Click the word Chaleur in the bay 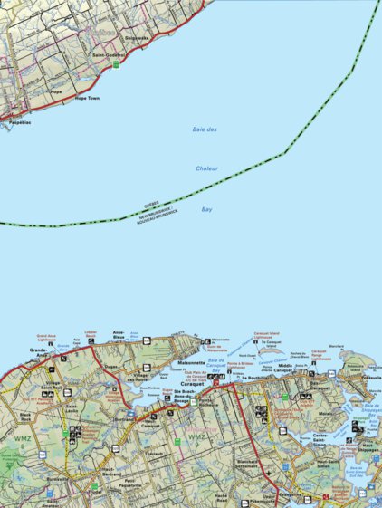tap(207, 168)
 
